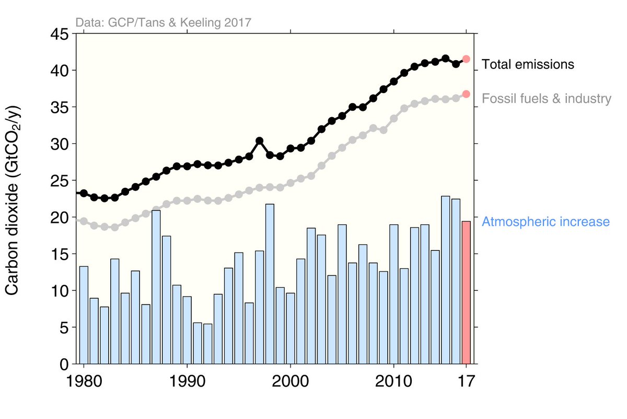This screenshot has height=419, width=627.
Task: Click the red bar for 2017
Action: pyautogui.click(x=466, y=292)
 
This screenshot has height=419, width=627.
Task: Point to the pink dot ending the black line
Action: pyautogui.click(x=466, y=59)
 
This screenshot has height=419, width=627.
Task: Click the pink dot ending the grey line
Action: pyautogui.click(x=466, y=94)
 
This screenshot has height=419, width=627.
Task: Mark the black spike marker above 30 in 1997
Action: pyautogui.click(x=259, y=141)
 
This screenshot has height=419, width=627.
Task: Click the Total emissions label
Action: pyautogui.click(x=528, y=65)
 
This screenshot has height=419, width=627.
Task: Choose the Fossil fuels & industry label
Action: pyautogui.click(x=546, y=98)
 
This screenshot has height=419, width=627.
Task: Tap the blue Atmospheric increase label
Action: pyautogui.click(x=545, y=222)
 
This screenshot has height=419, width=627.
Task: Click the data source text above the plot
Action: pyautogui.click(x=164, y=22)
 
